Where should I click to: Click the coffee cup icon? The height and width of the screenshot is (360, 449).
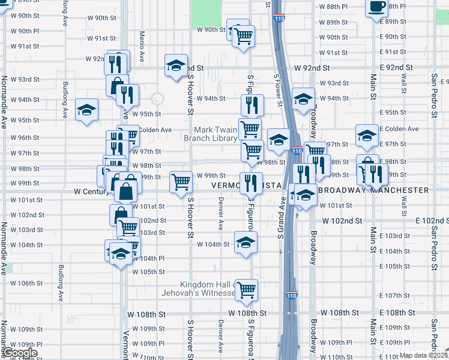coord(376,7)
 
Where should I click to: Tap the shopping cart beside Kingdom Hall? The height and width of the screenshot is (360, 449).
coord(246,290)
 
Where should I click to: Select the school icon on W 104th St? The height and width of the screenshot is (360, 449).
coord(246,243)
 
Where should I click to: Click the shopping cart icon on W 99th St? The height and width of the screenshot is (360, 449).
coord(181,181)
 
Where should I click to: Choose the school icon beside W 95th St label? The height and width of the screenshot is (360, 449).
coord(86,110)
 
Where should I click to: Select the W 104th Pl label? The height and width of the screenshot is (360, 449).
coord(148,258)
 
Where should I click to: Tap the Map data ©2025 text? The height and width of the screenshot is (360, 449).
coord(423,355)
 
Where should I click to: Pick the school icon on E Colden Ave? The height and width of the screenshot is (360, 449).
coord(367,136)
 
